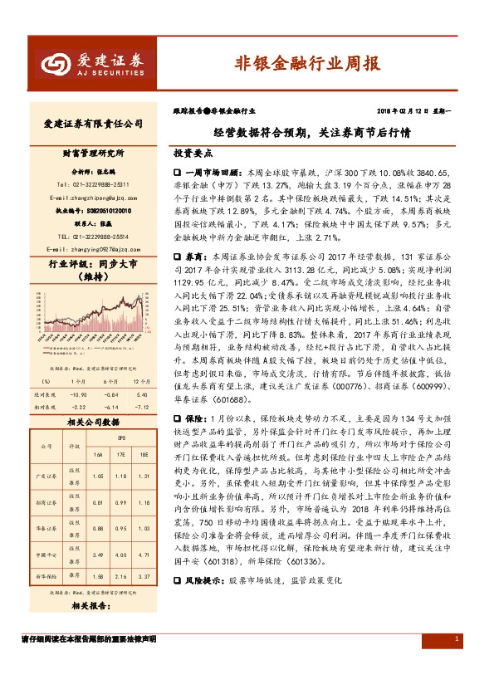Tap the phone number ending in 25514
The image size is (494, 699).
(92, 237)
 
